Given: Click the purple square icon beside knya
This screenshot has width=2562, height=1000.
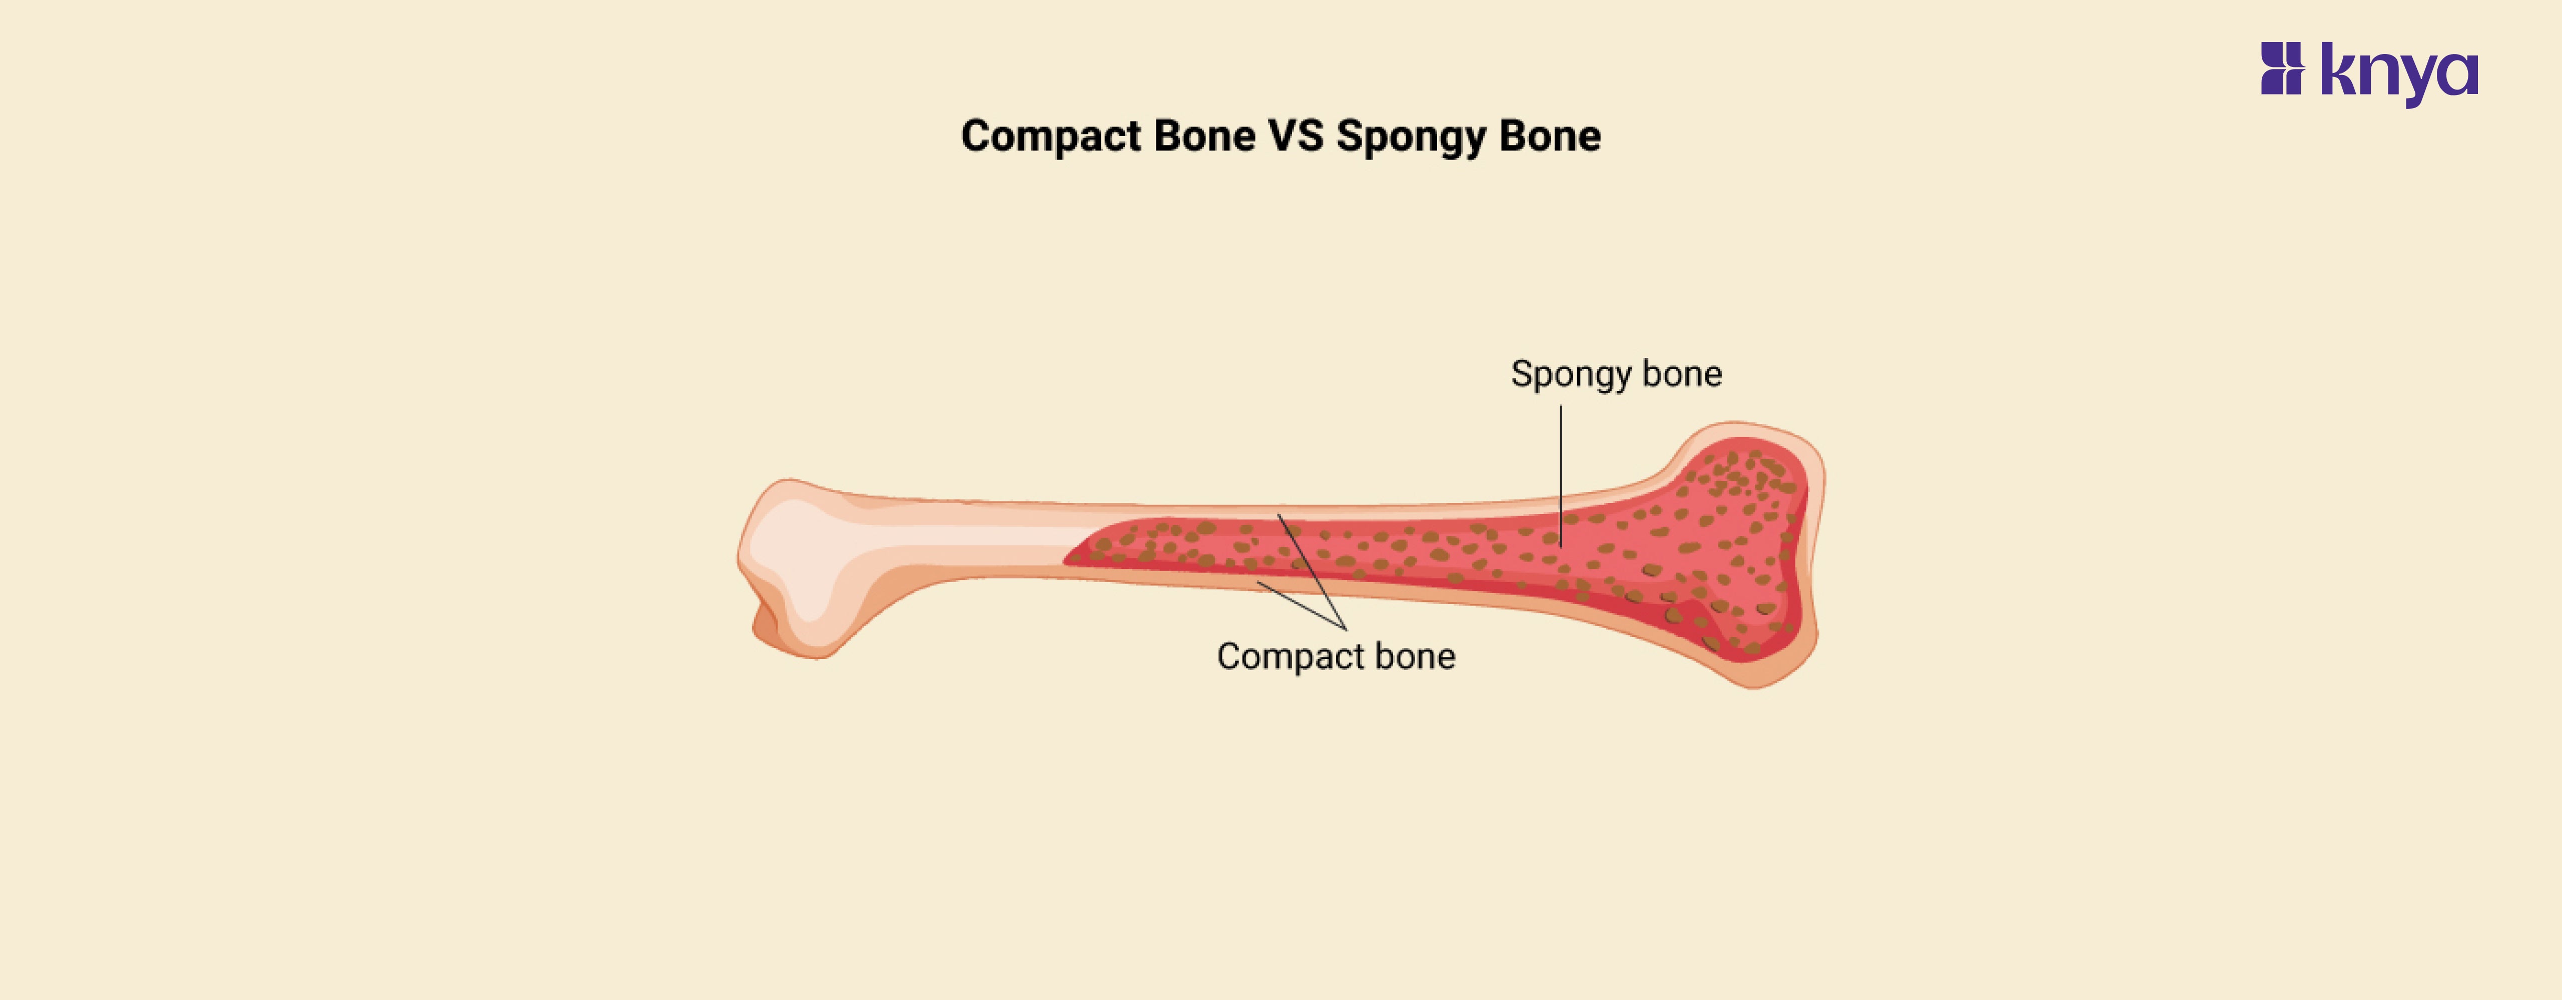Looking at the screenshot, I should click(2282, 68).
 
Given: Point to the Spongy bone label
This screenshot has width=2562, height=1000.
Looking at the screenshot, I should click(1616, 374).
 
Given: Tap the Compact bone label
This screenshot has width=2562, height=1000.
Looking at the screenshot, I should click(1336, 656).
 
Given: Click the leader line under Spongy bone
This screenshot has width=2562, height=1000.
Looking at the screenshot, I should click(1561, 467).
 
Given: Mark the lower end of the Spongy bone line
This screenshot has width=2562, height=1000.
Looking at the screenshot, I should click(1561, 544).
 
